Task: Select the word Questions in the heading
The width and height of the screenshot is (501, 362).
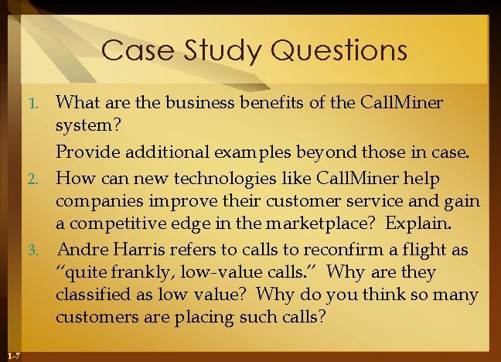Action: [x=343, y=51]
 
